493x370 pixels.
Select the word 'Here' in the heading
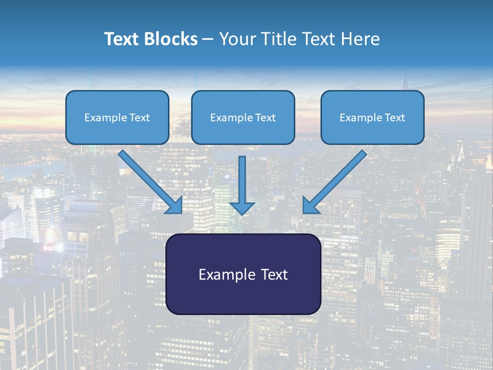coord(360,39)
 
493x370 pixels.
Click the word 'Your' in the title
coord(238,39)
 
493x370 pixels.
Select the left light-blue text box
coord(117,117)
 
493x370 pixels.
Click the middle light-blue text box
coord(243,117)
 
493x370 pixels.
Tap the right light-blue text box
coord(372,117)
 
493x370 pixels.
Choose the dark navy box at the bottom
coord(243,274)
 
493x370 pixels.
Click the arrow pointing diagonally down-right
coord(149,180)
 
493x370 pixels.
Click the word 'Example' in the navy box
coord(222,274)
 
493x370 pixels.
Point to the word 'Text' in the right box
coord(394,118)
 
